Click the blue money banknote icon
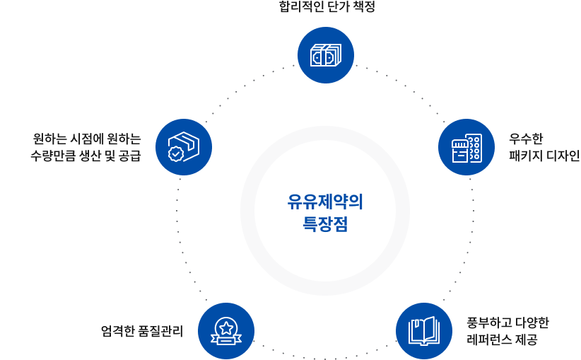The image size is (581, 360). (325, 55)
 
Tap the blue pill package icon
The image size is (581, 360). (466, 147)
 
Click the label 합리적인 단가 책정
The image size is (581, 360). (326, 6)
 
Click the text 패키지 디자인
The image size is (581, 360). (544, 155)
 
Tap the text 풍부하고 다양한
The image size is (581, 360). (507, 323)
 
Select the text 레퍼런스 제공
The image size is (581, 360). (501, 340)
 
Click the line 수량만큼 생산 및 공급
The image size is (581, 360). (85, 155)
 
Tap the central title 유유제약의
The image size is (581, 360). (325, 202)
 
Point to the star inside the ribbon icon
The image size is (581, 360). (225, 327)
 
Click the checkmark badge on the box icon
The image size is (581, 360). (176, 153)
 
